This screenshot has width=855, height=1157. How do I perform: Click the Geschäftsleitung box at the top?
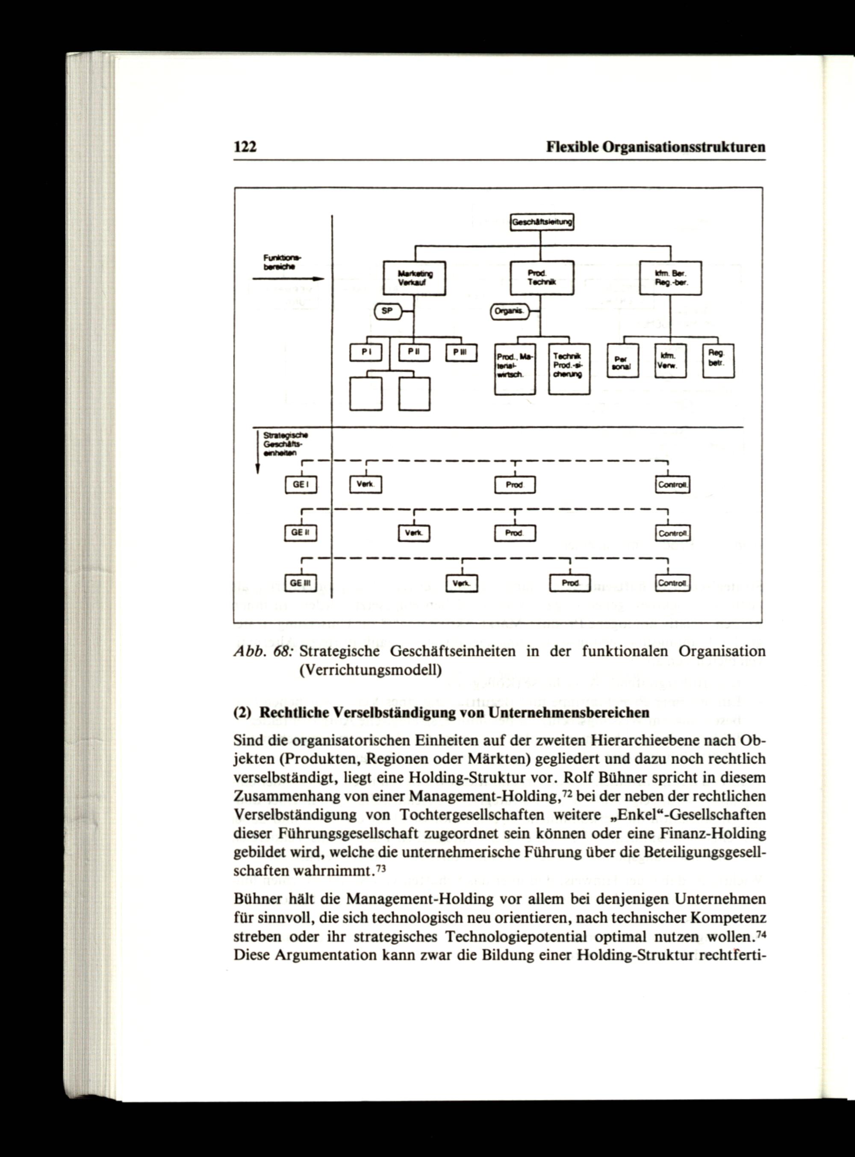542,223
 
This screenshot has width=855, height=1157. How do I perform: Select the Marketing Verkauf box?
414,278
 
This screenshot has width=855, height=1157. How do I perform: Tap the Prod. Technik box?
542,278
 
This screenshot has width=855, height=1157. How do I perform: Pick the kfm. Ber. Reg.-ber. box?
670,278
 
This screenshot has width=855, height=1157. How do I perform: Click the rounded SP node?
388,311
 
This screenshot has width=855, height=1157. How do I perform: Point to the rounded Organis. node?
509,311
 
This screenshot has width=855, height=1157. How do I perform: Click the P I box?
366,352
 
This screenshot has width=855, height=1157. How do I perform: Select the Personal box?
622,361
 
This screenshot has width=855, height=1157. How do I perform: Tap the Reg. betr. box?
718,361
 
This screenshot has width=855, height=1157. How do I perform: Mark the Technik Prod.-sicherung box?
569,369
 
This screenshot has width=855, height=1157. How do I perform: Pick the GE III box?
301,583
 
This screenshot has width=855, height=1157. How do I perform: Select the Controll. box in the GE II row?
672,533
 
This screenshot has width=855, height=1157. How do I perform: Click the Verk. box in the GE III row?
462,583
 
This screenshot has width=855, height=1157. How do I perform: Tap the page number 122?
245,147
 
